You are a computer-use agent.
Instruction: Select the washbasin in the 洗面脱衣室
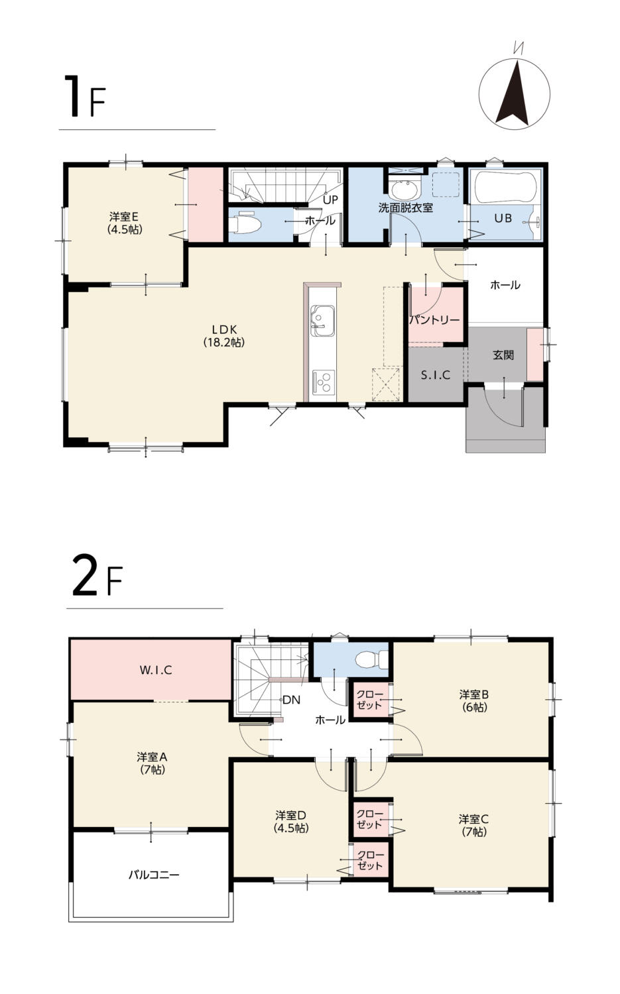click(404, 190)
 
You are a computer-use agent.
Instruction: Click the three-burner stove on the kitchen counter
click(324, 382)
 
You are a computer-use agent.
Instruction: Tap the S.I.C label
click(435, 376)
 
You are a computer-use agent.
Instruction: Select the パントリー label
click(434, 319)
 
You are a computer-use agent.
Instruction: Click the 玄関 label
click(503, 355)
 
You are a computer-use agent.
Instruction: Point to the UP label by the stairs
click(330, 199)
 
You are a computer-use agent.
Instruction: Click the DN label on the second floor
click(291, 700)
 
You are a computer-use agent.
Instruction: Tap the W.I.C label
click(155, 670)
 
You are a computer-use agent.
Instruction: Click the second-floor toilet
click(371, 659)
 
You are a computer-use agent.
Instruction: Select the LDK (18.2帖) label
click(224, 336)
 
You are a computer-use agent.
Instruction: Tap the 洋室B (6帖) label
click(474, 701)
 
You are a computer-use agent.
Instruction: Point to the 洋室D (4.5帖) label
click(291, 822)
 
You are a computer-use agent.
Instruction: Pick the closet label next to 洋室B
click(369, 699)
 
